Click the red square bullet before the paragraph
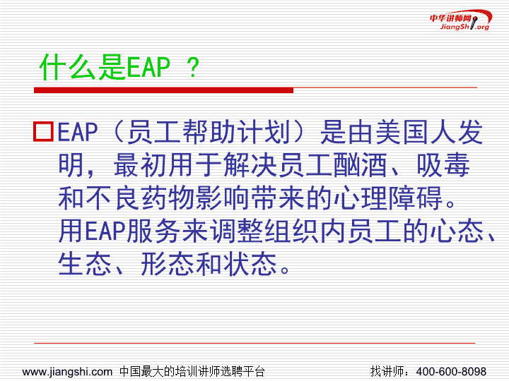tap(44, 131)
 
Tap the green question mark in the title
tap(193, 68)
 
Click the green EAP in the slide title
tap(148, 67)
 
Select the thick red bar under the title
tap(163, 90)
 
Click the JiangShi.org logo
tap(461, 20)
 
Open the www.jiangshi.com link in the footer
tap(67, 372)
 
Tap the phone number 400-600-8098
tap(451, 371)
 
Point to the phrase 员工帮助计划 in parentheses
tap(209, 132)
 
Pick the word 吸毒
tap(443, 165)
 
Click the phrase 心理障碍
tap(388, 198)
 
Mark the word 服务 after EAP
tap(153, 231)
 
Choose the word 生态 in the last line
tap(85, 264)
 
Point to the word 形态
tap(168, 264)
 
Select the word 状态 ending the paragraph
tap(250, 264)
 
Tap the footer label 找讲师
tap(387, 371)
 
